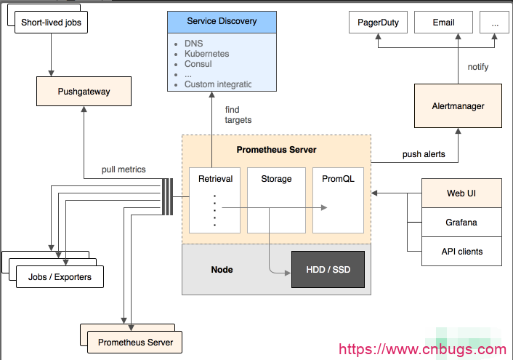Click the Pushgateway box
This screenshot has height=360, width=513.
[x=84, y=92]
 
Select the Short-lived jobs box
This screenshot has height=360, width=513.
[x=52, y=23]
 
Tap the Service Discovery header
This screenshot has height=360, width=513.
[x=222, y=21]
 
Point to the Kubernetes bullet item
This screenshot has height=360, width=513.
[x=206, y=54]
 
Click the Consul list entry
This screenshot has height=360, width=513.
[x=198, y=64]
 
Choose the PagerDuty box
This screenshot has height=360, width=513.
[x=378, y=23]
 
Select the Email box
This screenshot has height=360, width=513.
[x=443, y=23]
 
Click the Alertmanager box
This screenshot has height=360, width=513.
[x=458, y=106]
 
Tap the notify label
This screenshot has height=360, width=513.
[x=478, y=67]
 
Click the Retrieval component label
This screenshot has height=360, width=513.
[x=214, y=179]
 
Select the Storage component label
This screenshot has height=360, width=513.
[x=276, y=179]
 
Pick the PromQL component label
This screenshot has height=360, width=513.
[x=338, y=179]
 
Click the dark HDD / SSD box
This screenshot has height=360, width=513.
[x=328, y=269]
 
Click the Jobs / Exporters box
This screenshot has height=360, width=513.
[x=60, y=277]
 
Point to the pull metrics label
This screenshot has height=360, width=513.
[x=124, y=169]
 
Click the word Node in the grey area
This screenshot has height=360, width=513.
[x=222, y=269]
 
